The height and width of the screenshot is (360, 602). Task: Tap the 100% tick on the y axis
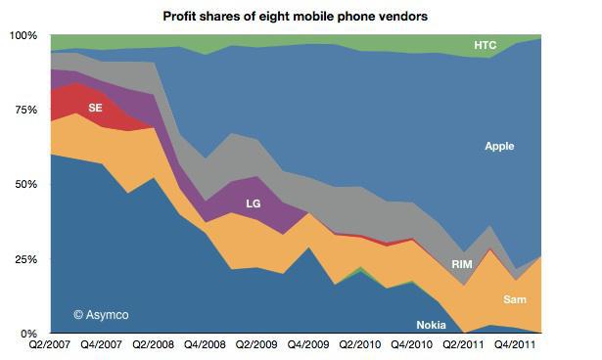23,35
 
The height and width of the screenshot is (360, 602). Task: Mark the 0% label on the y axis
28,334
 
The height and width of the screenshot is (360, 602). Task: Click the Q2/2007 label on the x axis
49,346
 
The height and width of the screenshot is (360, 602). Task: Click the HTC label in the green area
485,45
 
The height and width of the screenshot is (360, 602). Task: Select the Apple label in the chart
499,147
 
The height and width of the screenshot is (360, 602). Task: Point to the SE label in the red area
95,109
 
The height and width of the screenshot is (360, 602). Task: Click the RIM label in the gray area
462,265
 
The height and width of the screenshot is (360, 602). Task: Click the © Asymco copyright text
100,314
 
